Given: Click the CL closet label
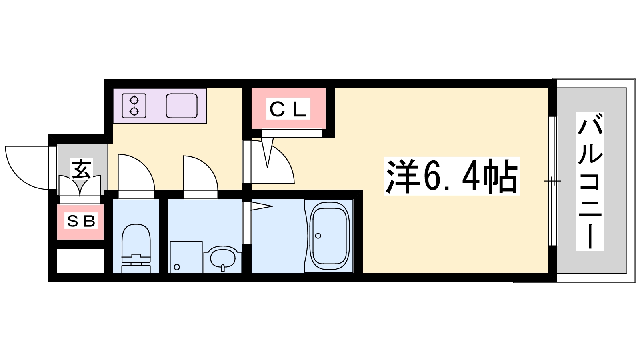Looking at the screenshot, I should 288,109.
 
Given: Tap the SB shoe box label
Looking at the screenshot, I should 81,221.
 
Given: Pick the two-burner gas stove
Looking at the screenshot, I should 134,106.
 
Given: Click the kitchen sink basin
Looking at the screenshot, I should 182,106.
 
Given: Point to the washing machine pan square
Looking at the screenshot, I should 186,257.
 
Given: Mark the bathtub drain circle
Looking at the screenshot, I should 318,236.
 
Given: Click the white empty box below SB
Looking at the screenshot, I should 80,261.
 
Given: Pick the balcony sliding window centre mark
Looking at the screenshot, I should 552,181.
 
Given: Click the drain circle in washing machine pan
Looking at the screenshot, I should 177,267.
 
